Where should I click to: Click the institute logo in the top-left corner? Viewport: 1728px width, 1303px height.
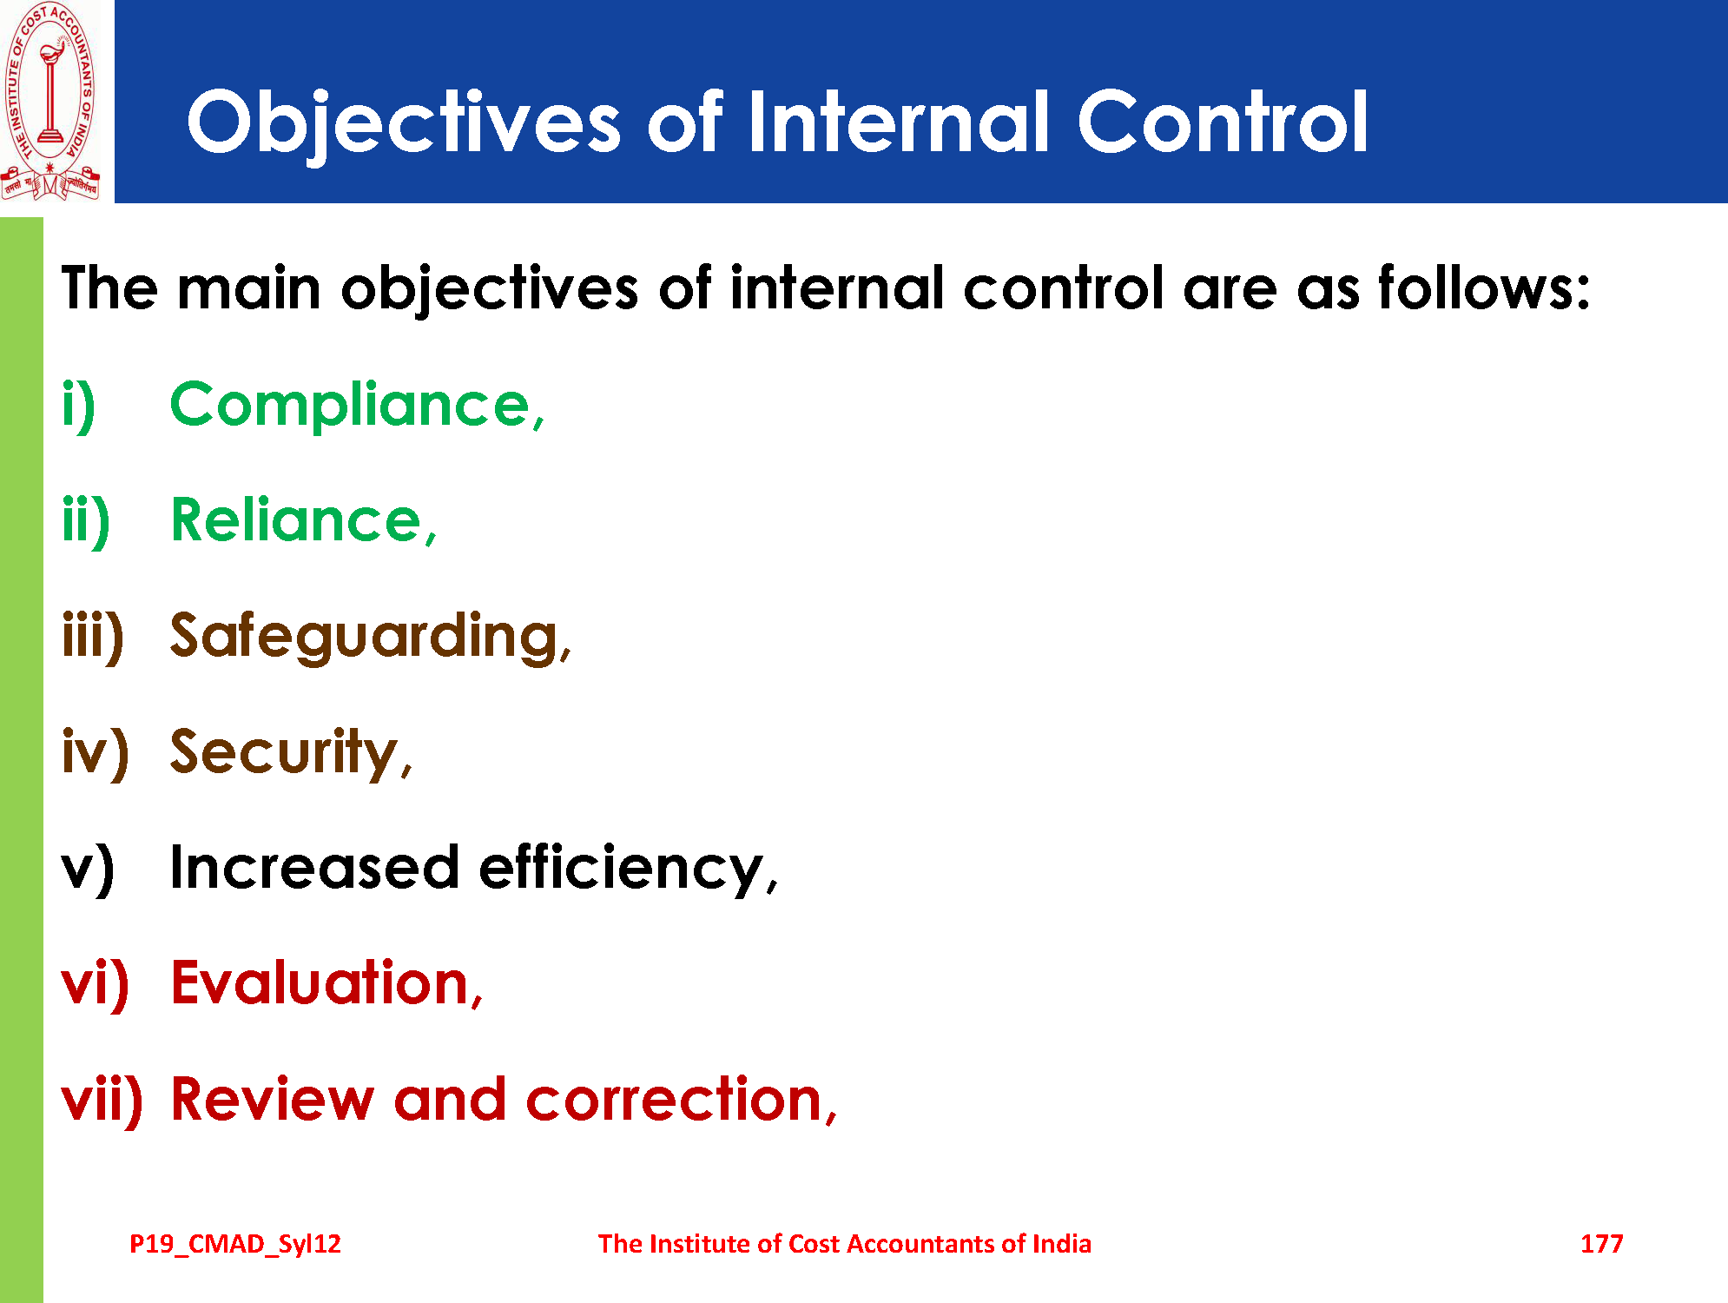coord(50,102)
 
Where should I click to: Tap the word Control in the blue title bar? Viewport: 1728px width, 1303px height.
coord(1223,121)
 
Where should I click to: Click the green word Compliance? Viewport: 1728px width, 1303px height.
coord(357,406)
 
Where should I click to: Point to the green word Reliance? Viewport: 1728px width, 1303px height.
coord(303,520)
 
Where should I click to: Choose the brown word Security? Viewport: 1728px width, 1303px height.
coord(291,753)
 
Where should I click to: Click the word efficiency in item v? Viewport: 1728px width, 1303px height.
coord(628,869)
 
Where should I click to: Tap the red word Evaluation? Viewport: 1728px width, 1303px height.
coord(326,983)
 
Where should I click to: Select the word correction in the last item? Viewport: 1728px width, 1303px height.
coord(681,1100)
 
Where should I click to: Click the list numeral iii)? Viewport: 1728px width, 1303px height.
coord(93,637)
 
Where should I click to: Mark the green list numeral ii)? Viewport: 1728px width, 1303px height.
coord(86,521)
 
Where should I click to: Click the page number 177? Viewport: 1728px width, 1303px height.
coord(1601,1244)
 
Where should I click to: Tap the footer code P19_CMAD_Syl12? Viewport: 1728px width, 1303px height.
coord(235,1245)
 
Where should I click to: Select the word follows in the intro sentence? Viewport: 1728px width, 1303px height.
coord(1484,288)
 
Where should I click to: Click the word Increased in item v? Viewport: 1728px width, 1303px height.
coord(314,868)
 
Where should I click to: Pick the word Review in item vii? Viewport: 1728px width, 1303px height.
coord(272,1100)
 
